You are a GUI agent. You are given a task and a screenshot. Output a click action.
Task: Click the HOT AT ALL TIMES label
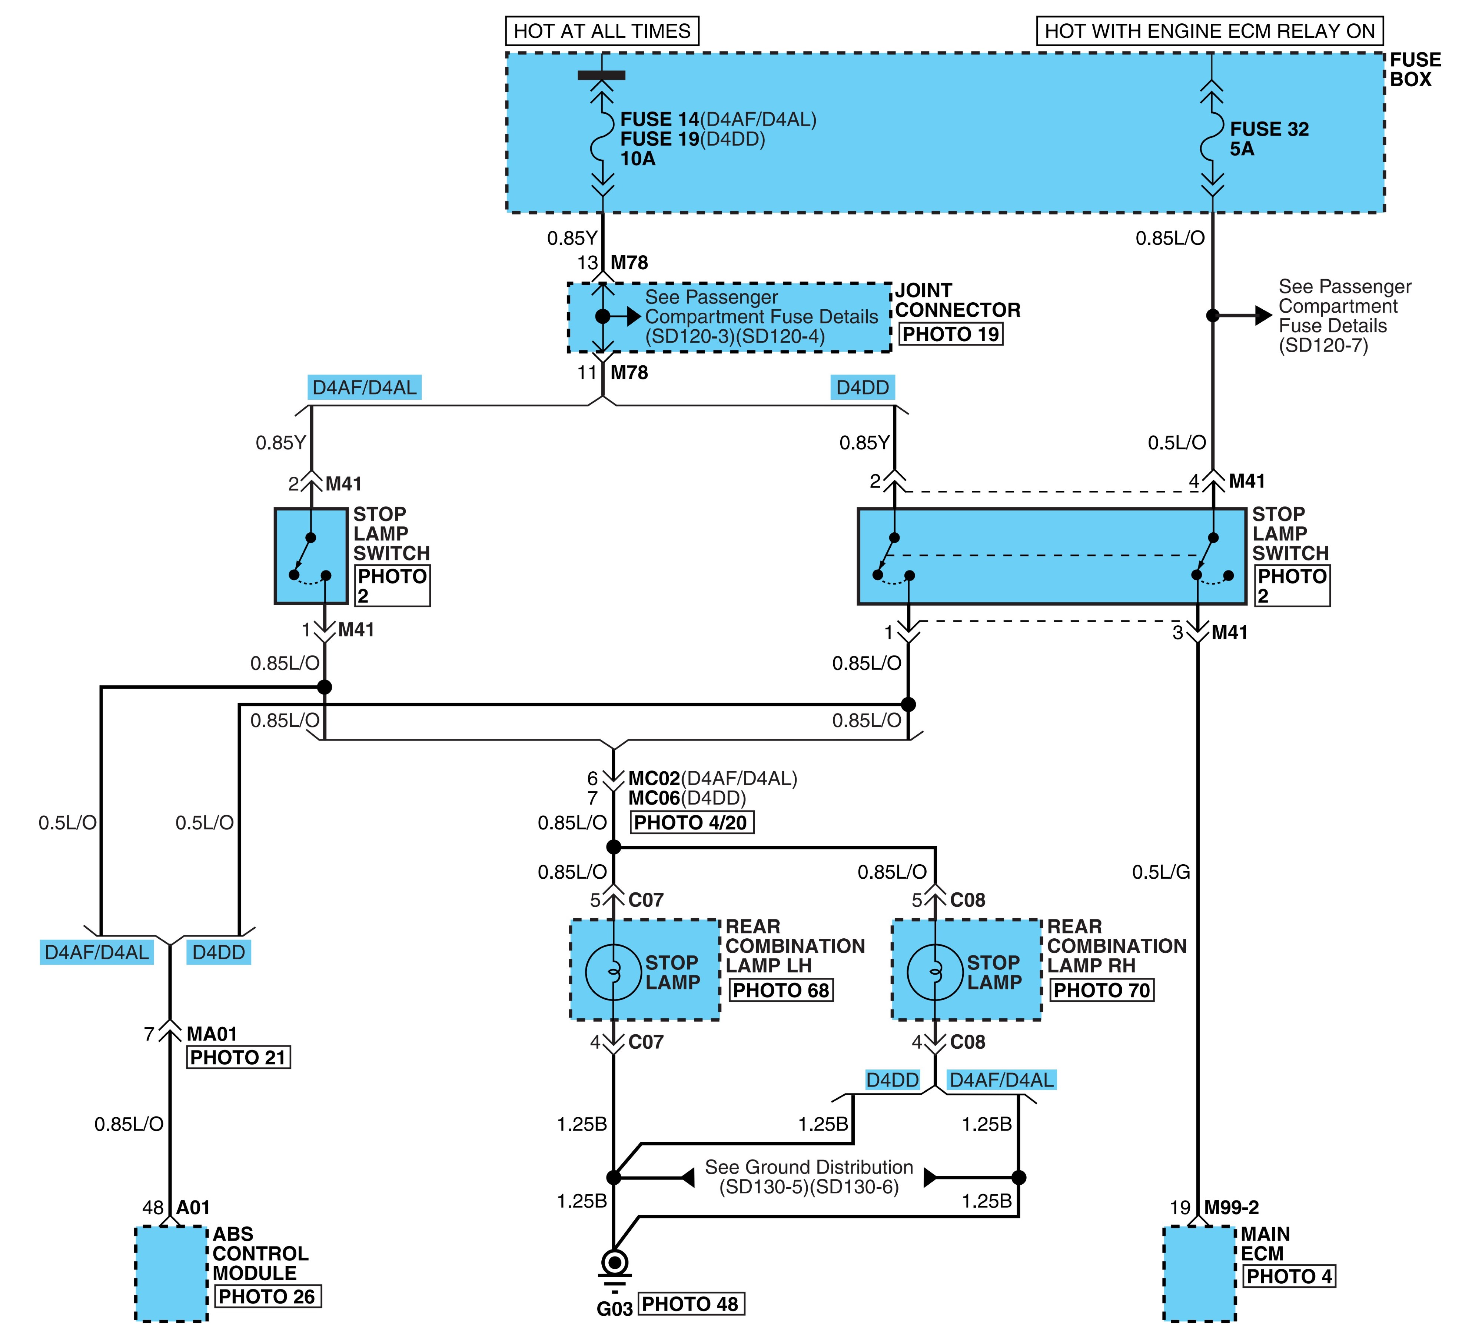[x=602, y=31]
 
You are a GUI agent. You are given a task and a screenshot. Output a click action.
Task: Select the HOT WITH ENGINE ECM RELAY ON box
[x=1209, y=31]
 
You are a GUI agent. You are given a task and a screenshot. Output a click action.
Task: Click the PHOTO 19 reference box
[x=950, y=335]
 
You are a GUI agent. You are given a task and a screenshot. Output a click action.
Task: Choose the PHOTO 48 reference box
[x=690, y=1304]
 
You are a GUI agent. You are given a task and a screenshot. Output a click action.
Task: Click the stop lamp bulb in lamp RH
[x=935, y=972]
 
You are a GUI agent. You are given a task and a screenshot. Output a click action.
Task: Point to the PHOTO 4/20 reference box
[x=691, y=822]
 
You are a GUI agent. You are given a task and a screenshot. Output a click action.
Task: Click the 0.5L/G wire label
[x=1161, y=872]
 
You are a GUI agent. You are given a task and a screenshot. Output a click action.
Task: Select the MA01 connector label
[x=212, y=1034]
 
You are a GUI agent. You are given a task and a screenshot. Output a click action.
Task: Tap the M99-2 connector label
[x=1231, y=1207]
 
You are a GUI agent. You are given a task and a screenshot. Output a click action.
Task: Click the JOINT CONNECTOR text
[x=957, y=300]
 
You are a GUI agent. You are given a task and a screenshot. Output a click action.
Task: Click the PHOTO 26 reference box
[x=268, y=1296]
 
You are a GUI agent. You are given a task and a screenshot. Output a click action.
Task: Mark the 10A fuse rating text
[x=637, y=159]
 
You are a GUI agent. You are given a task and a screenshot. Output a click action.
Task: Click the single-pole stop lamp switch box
[x=311, y=556]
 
